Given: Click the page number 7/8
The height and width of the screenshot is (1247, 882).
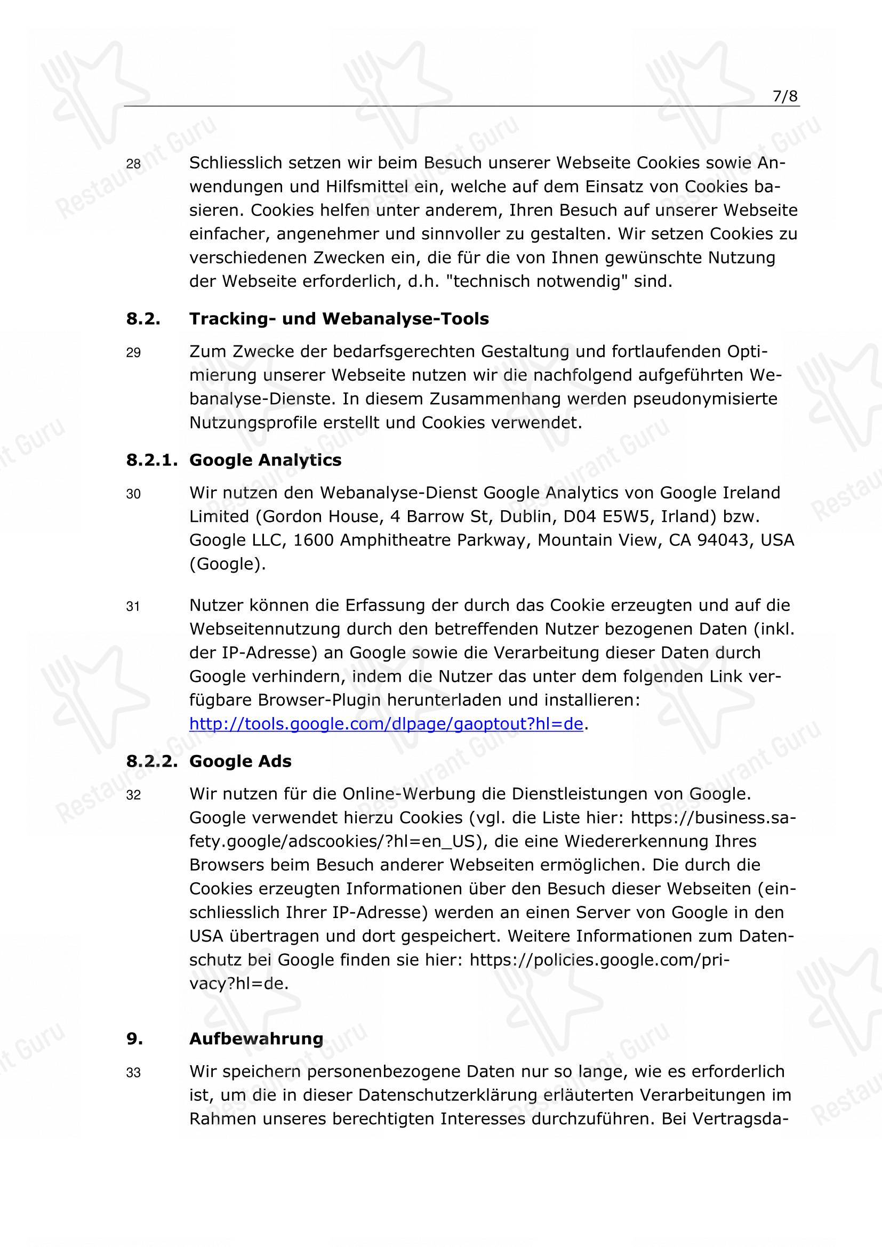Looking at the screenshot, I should pyautogui.click(x=785, y=96).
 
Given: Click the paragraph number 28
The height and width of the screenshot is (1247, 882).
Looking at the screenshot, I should pyautogui.click(x=133, y=164).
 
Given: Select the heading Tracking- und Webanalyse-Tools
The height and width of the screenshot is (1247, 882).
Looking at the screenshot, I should pyautogui.click(x=339, y=319).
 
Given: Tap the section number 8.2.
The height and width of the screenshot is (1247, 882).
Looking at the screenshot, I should pyautogui.click(x=143, y=319).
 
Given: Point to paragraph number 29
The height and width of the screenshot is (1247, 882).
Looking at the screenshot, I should pyautogui.click(x=133, y=353).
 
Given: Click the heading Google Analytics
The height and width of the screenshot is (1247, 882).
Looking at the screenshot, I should pyautogui.click(x=265, y=460).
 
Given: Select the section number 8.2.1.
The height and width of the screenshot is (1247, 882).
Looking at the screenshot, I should pyautogui.click(x=152, y=460).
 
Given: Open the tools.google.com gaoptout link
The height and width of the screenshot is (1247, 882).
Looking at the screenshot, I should pyautogui.click(x=386, y=724).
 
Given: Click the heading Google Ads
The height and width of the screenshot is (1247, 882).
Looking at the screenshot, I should pyautogui.click(x=240, y=761).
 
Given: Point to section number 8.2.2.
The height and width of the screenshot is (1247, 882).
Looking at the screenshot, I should pyautogui.click(x=152, y=761).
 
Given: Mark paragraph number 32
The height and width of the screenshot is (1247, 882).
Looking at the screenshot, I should pyautogui.click(x=133, y=795).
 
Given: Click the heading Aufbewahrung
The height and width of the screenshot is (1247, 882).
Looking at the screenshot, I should pyautogui.click(x=256, y=1039).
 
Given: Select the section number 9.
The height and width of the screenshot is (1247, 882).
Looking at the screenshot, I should pyautogui.click(x=135, y=1039).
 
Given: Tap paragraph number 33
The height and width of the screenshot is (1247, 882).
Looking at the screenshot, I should pyautogui.click(x=133, y=1073).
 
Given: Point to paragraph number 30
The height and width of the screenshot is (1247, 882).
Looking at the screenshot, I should pyautogui.click(x=133, y=494).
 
